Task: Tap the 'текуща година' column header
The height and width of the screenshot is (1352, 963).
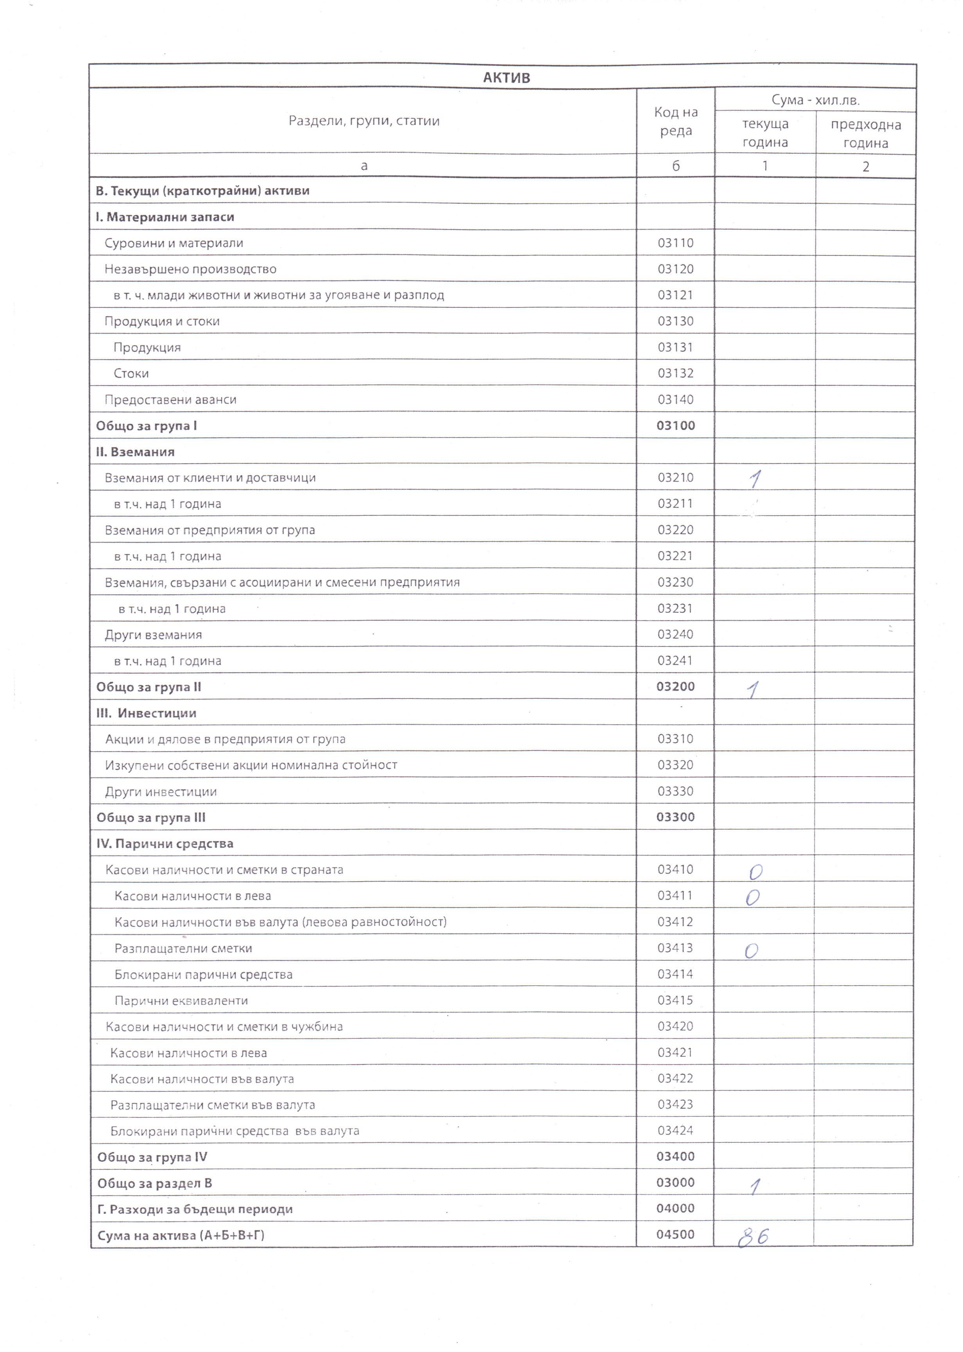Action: point(765,133)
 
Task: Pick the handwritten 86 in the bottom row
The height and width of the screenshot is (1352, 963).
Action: point(753,1237)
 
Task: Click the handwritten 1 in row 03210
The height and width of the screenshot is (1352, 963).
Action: point(754,479)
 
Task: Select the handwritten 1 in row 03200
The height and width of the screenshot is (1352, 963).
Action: point(753,689)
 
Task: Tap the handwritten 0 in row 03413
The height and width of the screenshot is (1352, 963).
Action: point(751,952)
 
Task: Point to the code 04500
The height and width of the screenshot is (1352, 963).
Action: point(675,1235)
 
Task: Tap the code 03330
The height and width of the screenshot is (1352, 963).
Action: point(675,792)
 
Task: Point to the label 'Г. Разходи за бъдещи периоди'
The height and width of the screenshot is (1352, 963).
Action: point(195,1209)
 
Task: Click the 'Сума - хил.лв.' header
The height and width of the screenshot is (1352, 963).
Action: point(815,100)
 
